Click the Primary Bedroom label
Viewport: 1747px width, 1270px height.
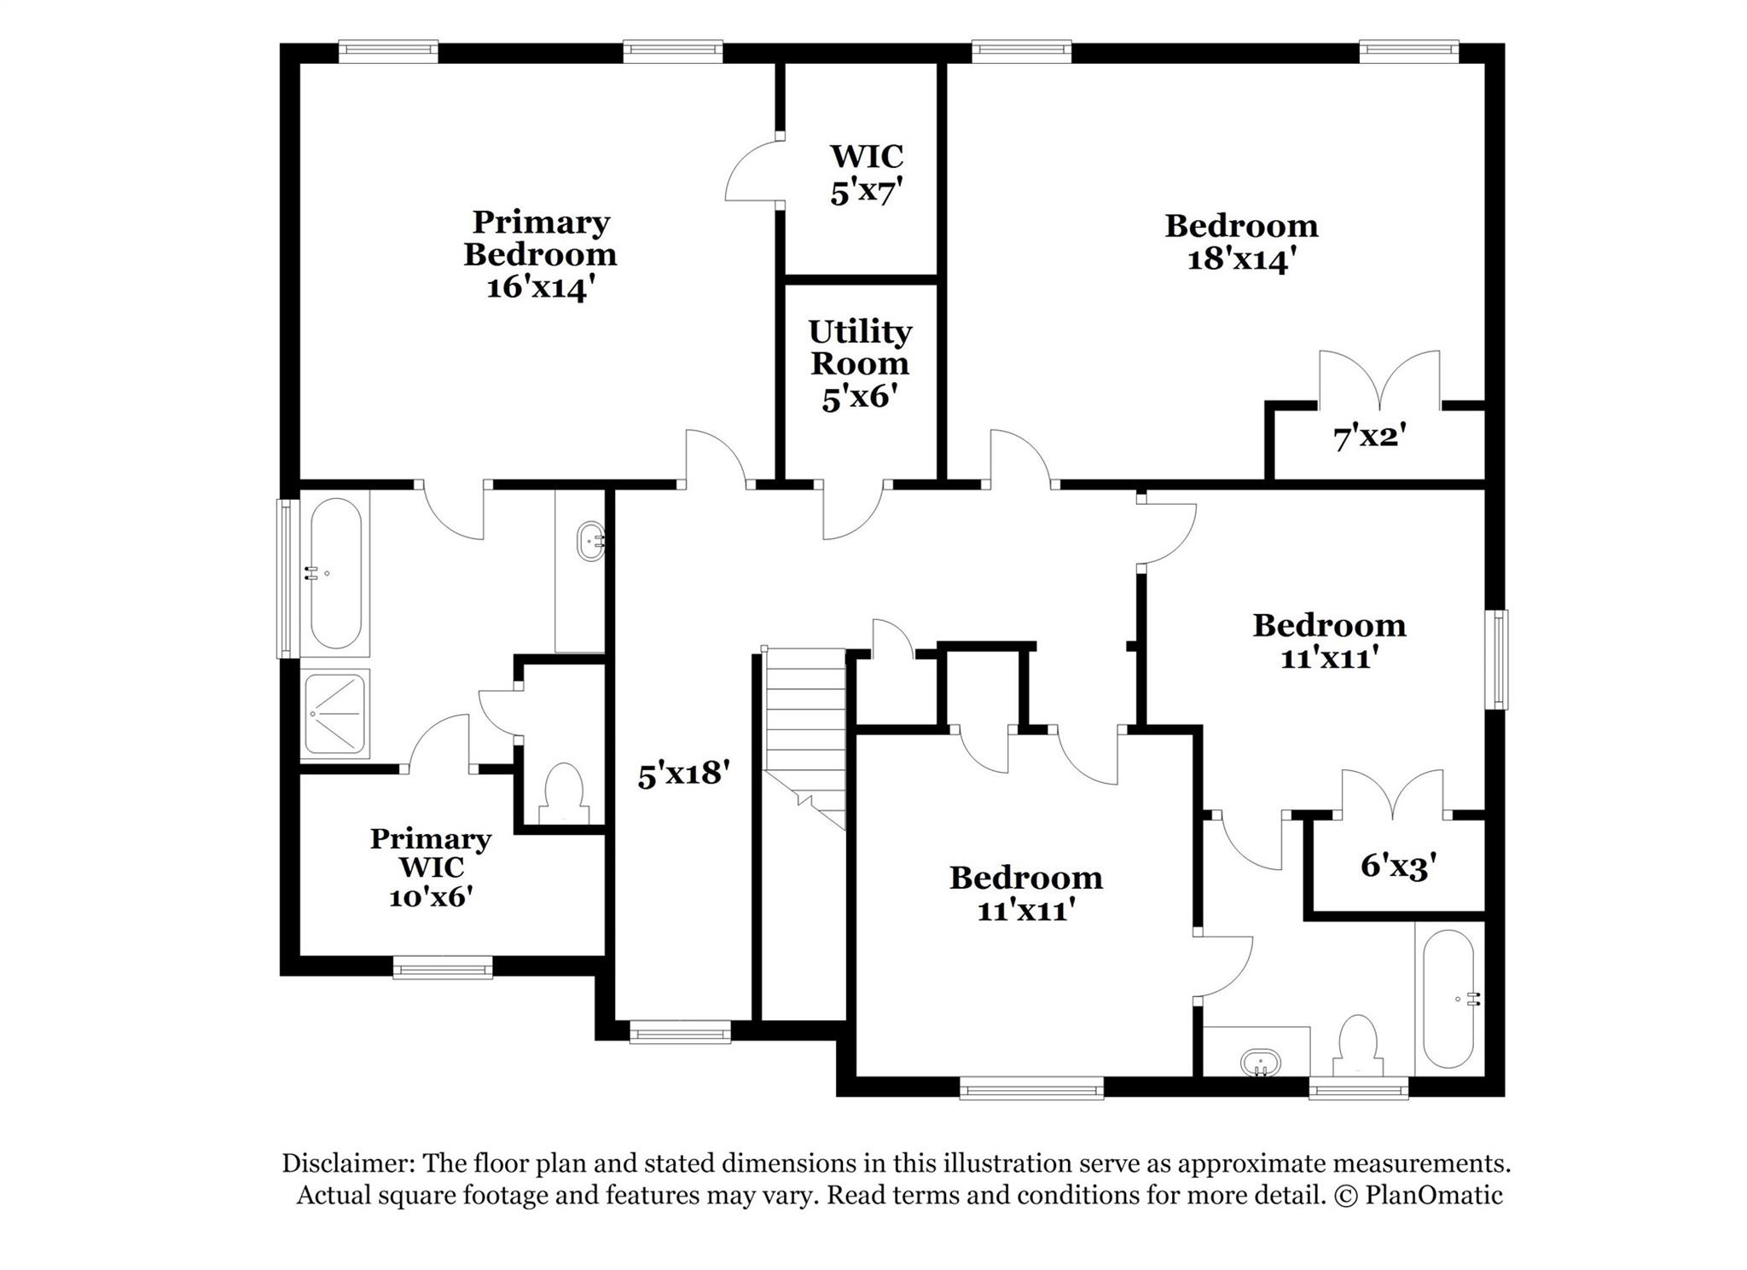540,239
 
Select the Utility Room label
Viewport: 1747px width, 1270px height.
860,347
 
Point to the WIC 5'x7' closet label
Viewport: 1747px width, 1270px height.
866,174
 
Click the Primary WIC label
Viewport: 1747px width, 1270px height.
431,853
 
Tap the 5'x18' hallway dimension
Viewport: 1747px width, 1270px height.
684,774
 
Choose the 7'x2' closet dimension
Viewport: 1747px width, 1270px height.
1369,438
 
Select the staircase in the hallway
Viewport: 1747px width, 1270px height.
804,734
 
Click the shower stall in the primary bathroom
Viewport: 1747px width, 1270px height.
335,713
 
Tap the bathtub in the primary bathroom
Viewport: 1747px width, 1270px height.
335,573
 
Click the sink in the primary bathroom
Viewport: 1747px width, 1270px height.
591,541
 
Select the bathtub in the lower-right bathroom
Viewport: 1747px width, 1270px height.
1448,998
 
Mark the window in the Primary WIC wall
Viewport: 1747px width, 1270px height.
442,968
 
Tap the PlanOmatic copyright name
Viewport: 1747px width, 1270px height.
1433,1195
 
